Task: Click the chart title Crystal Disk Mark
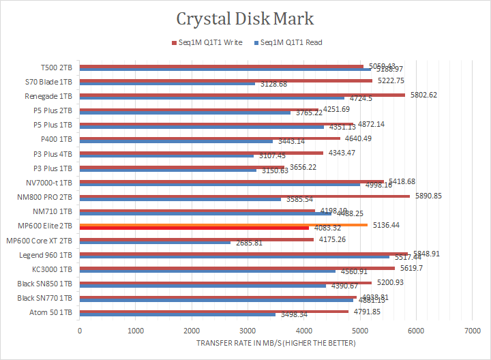click(245, 18)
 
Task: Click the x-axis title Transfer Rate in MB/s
click(276, 343)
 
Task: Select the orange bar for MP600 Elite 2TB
click(224, 224)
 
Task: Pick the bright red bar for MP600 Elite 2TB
click(194, 228)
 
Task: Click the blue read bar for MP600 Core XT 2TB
click(155, 242)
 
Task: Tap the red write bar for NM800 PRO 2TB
click(245, 196)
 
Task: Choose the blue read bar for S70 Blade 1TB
click(168, 84)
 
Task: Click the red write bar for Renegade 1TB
click(243, 95)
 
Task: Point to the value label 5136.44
click(386, 224)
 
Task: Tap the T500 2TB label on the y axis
click(58, 68)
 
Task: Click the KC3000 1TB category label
click(55, 269)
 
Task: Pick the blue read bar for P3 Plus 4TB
click(167, 155)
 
